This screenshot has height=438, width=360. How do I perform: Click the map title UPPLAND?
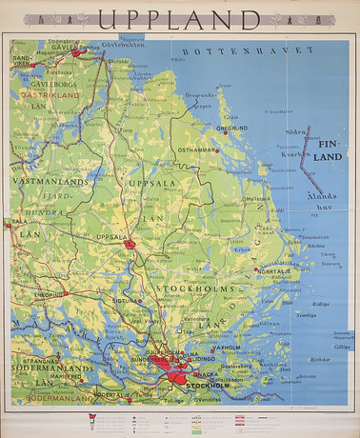click(179, 20)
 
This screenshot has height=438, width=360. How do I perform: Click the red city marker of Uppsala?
click(130, 245)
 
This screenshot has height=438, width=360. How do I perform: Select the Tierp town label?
click(125, 132)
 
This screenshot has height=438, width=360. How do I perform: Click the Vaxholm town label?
click(225, 348)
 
